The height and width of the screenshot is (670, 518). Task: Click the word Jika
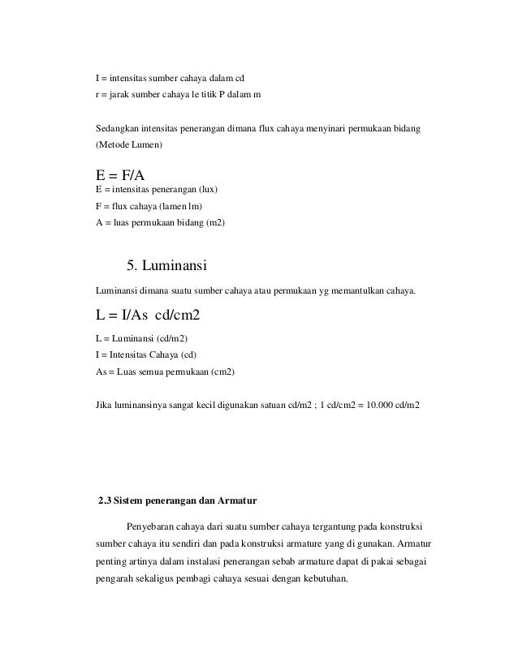104,403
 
